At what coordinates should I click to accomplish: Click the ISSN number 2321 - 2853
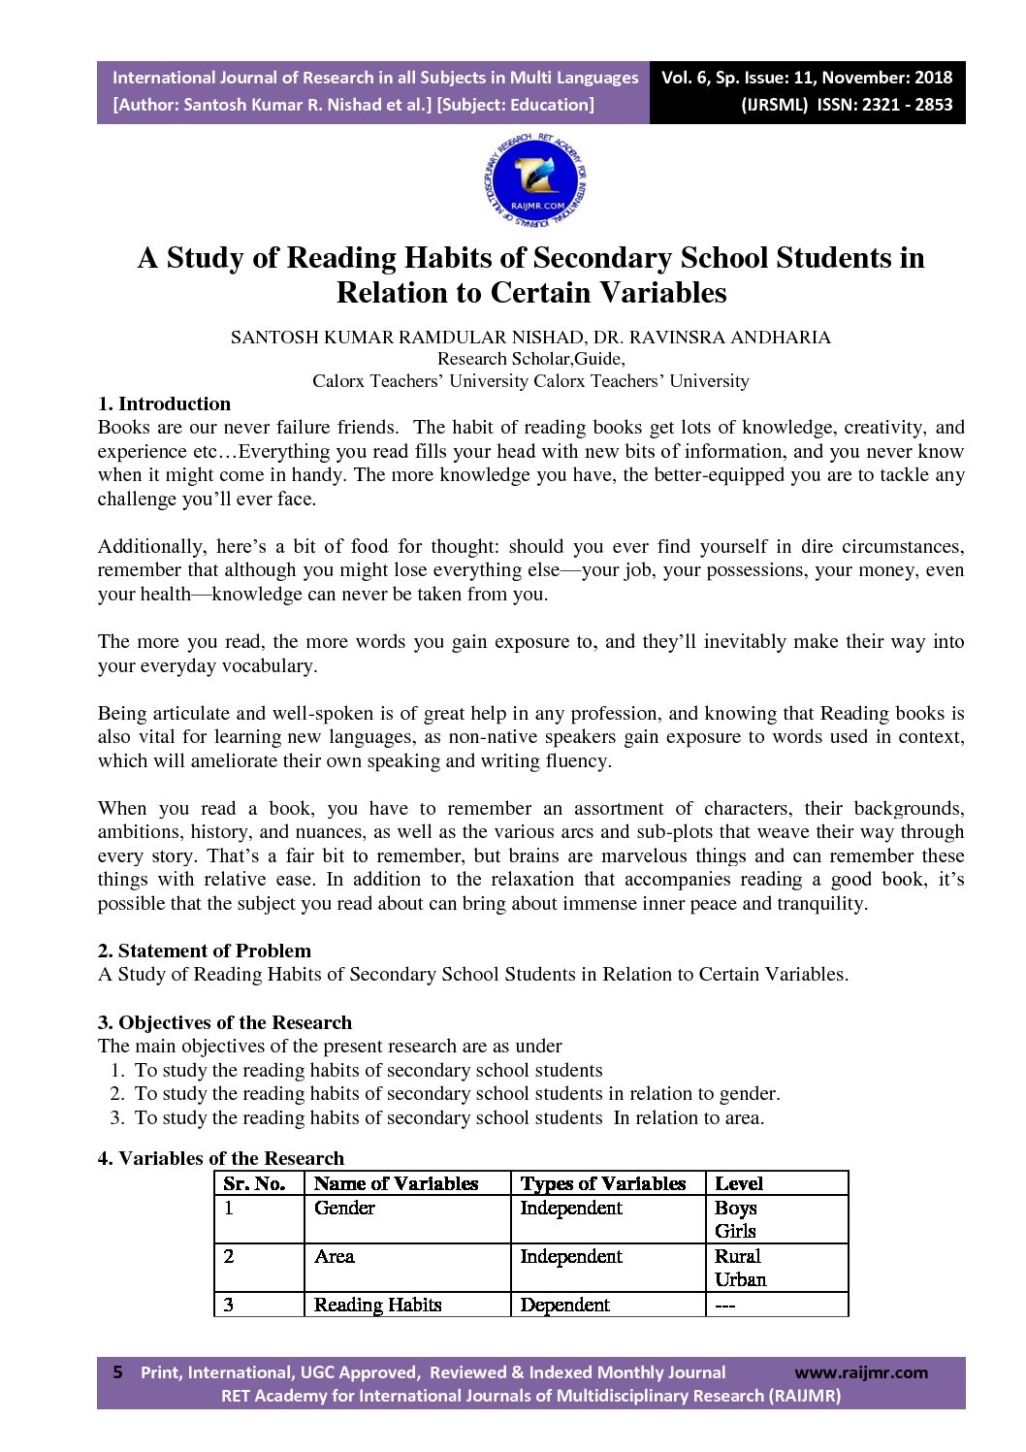click(x=885, y=105)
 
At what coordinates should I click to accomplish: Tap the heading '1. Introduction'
click(x=164, y=403)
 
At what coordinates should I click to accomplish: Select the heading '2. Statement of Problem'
click(x=205, y=951)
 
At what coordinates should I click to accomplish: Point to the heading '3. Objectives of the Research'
click(x=225, y=1022)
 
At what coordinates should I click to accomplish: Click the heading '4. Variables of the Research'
click(x=221, y=1158)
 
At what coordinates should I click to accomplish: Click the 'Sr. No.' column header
click(x=254, y=1183)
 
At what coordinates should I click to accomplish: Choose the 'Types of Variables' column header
click(x=602, y=1183)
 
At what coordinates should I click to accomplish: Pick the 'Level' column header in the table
click(x=738, y=1183)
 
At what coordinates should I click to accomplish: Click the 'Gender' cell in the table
click(x=344, y=1208)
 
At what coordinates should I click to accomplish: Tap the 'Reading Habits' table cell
click(x=377, y=1305)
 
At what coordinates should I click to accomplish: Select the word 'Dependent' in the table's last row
click(x=564, y=1305)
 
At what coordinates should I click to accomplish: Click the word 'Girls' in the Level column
click(x=734, y=1231)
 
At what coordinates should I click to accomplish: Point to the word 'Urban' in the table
click(x=740, y=1279)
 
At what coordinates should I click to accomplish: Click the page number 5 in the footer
click(x=118, y=1371)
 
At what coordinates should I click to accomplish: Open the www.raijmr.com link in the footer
click(x=860, y=1372)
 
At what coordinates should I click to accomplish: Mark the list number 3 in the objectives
click(x=116, y=1117)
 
